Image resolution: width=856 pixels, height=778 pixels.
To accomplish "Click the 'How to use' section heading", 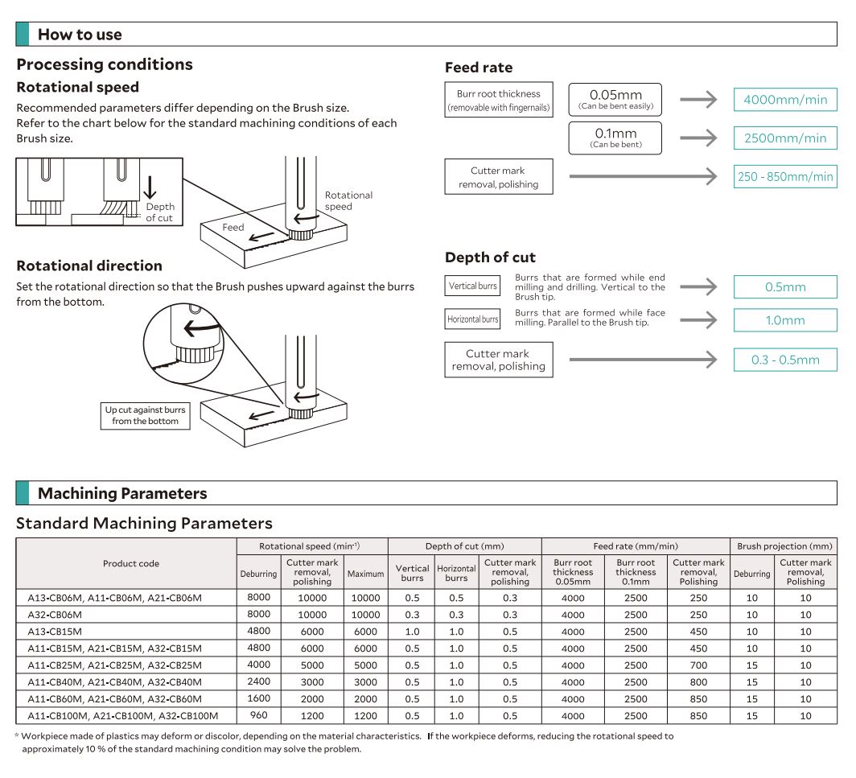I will click(x=80, y=35).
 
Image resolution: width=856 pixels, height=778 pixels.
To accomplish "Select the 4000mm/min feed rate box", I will click(x=784, y=100).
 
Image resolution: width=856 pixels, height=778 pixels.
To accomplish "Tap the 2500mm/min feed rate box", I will click(x=784, y=138).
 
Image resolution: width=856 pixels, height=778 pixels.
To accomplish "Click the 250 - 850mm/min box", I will click(x=784, y=176).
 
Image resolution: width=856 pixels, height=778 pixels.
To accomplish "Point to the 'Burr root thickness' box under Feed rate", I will click(x=499, y=100).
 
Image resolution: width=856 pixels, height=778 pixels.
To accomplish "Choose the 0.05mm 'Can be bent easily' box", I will click(x=615, y=100).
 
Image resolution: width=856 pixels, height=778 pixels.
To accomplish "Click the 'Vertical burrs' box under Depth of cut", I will click(x=472, y=286).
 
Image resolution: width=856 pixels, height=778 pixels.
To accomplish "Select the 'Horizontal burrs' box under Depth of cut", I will click(x=472, y=319).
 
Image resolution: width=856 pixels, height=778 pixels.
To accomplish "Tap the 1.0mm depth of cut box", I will click(x=784, y=320).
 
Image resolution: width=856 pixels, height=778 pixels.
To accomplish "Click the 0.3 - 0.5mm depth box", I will click(x=784, y=360).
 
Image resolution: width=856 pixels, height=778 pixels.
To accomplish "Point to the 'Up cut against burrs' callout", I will click(x=145, y=415).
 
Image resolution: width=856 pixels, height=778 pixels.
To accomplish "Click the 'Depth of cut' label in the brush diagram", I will click(x=159, y=212).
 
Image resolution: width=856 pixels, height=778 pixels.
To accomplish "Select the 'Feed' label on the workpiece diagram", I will click(x=233, y=228).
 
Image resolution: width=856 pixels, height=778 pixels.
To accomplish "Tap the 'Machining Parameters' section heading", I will click(x=122, y=493).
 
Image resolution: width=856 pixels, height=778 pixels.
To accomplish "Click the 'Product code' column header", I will click(x=131, y=563).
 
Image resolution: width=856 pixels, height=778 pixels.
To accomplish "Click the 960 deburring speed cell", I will click(x=258, y=715).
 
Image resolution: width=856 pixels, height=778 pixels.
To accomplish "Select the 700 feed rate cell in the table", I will click(x=698, y=665).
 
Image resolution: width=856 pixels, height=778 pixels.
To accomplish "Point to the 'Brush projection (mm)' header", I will click(x=784, y=546).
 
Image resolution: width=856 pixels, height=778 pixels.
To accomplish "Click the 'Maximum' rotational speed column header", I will click(x=365, y=574).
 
